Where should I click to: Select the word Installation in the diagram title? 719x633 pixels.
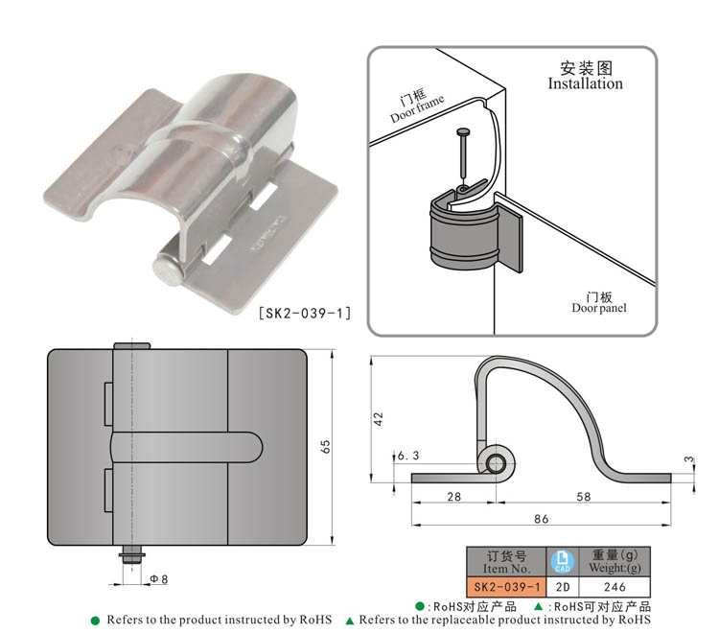click(585, 83)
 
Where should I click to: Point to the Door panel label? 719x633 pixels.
click(599, 302)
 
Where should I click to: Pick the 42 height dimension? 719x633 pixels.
click(378, 418)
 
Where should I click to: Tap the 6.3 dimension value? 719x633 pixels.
click(407, 456)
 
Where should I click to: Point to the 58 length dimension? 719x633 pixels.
click(584, 496)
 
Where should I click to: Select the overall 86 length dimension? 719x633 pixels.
click(542, 519)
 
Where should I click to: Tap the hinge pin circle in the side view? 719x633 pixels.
click(496, 464)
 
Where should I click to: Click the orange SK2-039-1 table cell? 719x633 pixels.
click(506, 586)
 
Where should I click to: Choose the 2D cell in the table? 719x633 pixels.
click(564, 586)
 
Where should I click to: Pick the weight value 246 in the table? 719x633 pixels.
click(615, 586)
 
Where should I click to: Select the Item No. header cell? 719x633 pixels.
click(506, 561)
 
